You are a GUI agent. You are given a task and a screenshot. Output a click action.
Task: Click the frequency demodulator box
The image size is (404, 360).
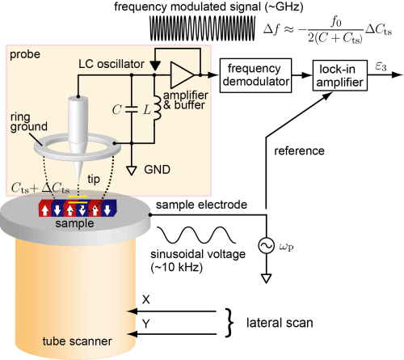(x=255, y=75)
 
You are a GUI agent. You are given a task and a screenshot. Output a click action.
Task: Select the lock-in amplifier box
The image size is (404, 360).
(x=340, y=75)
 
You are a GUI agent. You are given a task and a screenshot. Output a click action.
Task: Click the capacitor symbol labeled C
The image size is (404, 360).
(x=132, y=109)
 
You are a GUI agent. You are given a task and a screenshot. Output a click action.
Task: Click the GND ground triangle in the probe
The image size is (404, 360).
(x=132, y=171)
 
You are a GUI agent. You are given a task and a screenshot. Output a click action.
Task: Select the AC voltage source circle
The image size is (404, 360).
(x=266, y=246)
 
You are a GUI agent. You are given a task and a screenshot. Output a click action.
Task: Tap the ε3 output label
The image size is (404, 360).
(x=381, y=66)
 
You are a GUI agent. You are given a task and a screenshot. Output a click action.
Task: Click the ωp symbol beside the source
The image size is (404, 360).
(x=286, y=247)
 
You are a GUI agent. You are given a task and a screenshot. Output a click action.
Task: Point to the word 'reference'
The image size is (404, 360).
(x=299, y=151)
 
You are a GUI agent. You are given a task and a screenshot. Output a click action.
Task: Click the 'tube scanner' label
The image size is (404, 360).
(x=77, y=341)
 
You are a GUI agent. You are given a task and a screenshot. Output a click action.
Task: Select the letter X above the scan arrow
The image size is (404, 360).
(x=145, y=299)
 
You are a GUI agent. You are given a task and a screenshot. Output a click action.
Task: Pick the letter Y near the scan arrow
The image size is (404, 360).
(x=145, y=323)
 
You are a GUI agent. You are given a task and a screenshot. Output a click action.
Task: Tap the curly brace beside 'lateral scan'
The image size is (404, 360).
(x=229, y=323)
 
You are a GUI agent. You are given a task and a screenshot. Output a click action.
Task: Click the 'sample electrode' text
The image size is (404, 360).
(x=201, y=205)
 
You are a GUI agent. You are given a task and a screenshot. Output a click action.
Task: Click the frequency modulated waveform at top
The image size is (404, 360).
(x=202, y=28)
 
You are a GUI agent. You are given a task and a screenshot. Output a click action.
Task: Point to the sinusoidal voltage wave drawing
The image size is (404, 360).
(x=196, y=235)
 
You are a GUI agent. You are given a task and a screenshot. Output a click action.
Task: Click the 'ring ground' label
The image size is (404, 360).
(x=29, y=122)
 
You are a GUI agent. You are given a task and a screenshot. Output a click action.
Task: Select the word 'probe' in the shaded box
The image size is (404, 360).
(x=25, y=55)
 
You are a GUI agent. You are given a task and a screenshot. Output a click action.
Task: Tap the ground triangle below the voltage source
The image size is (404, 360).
(x=266, y=278)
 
